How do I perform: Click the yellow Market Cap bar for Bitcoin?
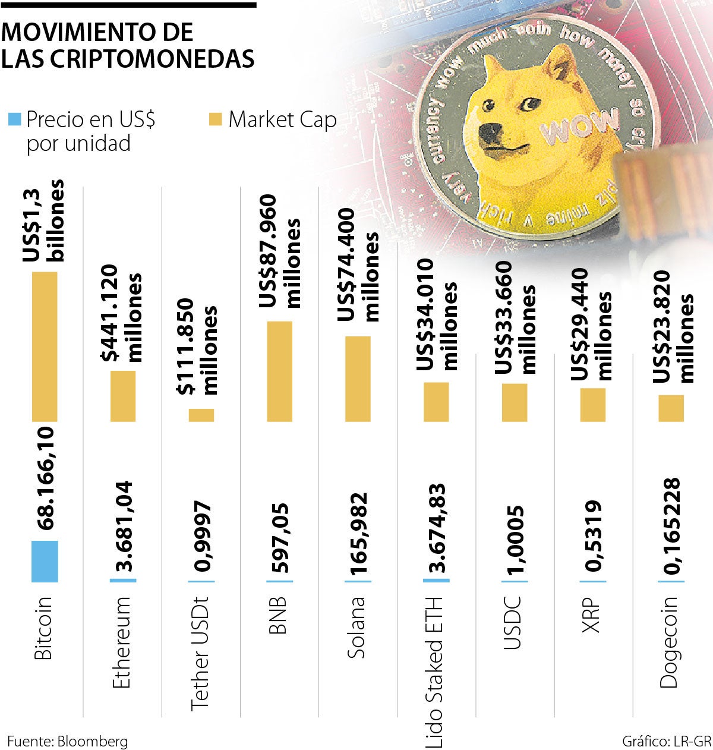(45, 346)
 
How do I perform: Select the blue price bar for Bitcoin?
(45, 561)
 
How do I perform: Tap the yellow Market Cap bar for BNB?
(280, 371)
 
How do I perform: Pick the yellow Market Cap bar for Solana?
(358, 379)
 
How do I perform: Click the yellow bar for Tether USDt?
(201, 415)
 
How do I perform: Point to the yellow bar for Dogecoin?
(671, 408)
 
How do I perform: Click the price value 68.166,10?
(46, 478)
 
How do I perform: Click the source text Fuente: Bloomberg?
(67, 741)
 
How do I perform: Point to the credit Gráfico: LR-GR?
(666, 741)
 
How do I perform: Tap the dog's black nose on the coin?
(489, 130)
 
